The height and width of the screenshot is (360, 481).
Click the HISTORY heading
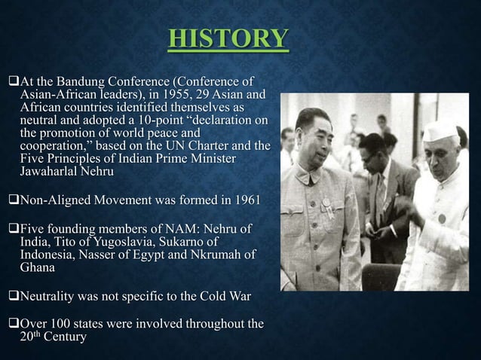tap(228, 38)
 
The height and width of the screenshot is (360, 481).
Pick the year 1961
tap(247, 200)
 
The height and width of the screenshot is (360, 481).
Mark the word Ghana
tap(38, 267)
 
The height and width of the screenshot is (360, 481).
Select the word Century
tap(63, 337)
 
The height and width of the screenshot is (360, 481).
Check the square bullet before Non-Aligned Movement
tap(12, 200)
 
